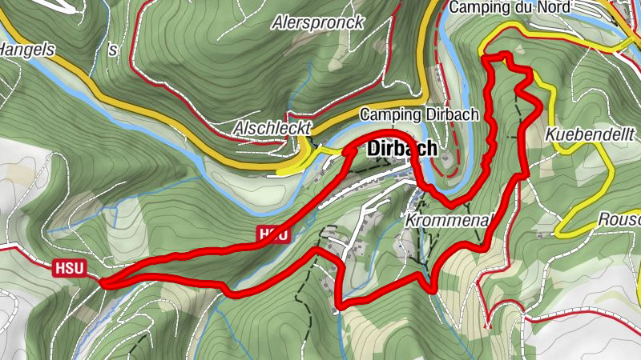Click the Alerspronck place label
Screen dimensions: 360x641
tap(317, 22)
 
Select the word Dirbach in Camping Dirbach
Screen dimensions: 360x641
tap(450, 114)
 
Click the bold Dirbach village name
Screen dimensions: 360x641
tap(402, 149)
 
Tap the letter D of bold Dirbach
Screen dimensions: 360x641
tap(373, 149)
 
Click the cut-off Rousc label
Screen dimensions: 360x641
tap(619, 219)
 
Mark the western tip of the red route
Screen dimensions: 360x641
tap(103, 282)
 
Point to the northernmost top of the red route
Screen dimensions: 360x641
tap(498, 55)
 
